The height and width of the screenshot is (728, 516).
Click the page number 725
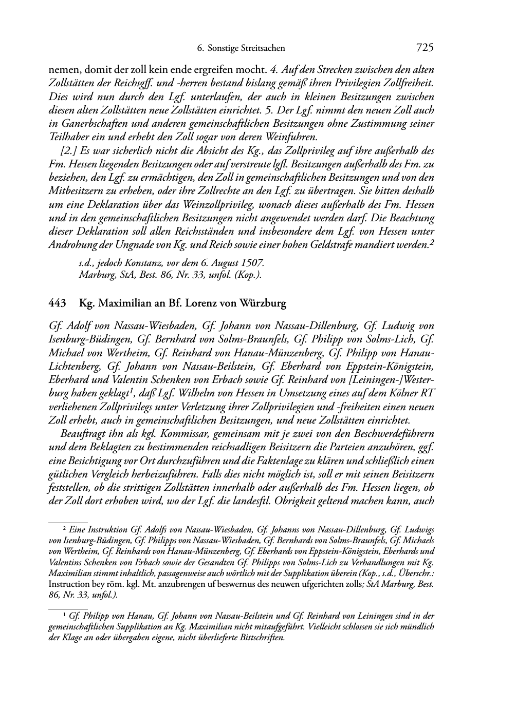coord(425,48)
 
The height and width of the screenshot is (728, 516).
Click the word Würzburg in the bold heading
coord(263,303)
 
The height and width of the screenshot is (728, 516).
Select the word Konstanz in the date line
coord(148,263)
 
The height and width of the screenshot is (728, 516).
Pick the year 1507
coord(254,263)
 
